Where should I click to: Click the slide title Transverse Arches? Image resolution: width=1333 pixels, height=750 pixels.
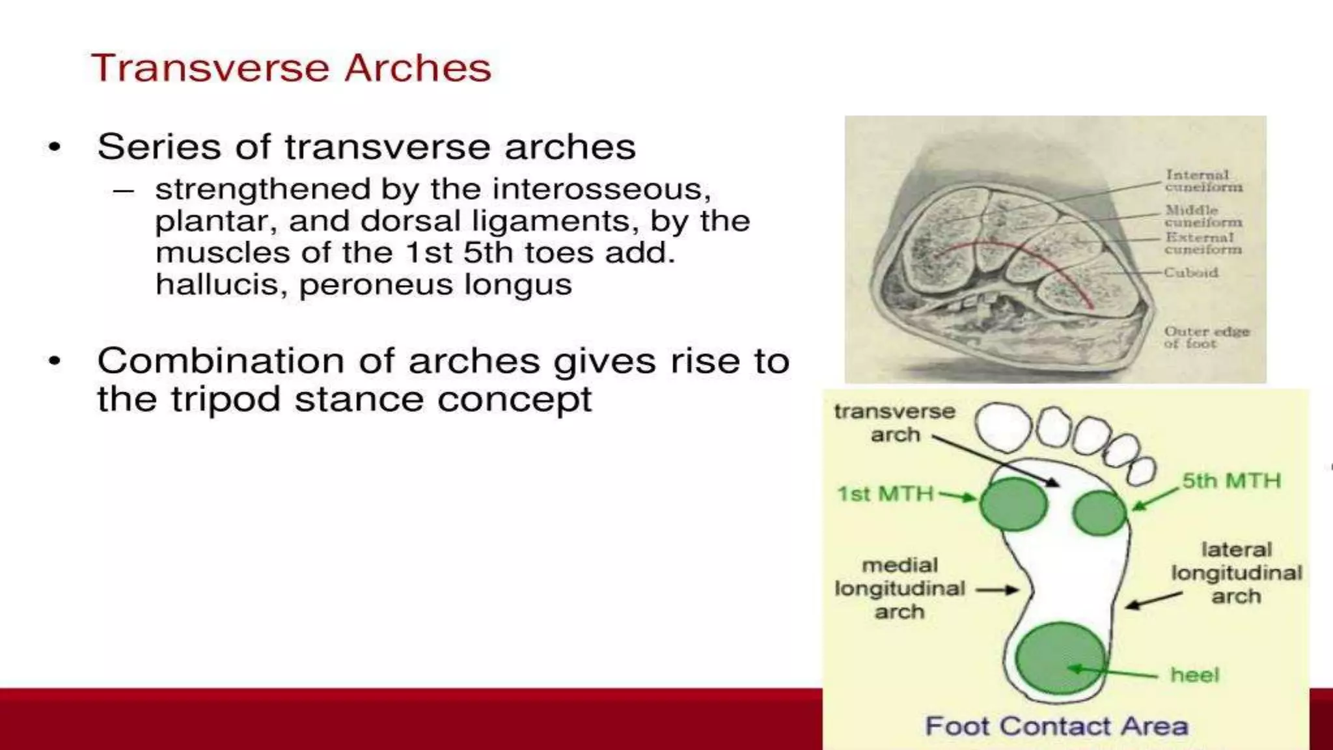tap(291, 68)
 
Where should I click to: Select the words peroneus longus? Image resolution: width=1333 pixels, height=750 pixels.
tap(435, 285)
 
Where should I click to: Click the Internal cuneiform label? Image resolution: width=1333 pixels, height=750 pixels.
tap(1203, 181)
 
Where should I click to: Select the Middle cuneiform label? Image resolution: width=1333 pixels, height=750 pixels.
tap(1203, 215)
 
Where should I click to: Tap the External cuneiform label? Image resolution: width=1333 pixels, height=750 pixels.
tap(1203, 243)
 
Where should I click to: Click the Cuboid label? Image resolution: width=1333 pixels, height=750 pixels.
tap(1190, 272)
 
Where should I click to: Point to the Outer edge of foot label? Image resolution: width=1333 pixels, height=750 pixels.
tap(1206, 337)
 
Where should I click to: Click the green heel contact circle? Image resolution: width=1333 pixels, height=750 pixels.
tap(1060, 658)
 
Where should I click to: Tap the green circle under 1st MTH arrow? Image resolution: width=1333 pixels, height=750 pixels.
tap(1013, 504)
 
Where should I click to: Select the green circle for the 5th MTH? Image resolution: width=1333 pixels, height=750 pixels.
tap(1099, 513)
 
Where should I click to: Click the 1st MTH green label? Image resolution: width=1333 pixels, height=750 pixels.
tap(885, 494)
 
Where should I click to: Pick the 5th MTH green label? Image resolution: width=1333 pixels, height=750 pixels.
tap(1231, 481)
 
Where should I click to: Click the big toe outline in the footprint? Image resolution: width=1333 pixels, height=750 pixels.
tap(1003, 427)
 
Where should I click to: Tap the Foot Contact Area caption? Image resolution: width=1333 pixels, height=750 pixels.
tap(1056, 726)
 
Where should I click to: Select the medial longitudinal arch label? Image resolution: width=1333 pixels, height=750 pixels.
tap(900, 589)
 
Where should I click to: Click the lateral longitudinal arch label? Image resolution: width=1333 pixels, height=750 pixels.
tap(1236, 573)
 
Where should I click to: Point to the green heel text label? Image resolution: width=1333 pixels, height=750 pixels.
tap(1194, 675)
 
